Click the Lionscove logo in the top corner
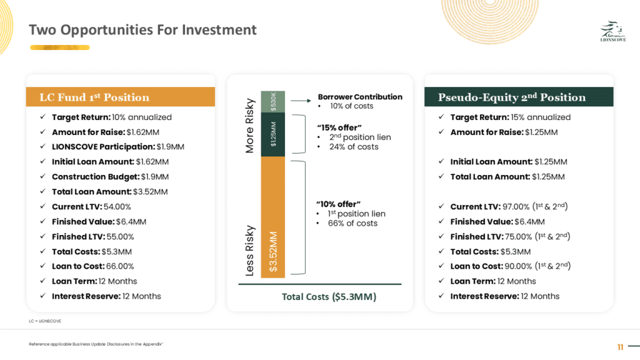point(613,31)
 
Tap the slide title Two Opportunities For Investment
point(142,30)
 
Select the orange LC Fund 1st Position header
point(121,97)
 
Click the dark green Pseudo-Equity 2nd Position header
point(519,97)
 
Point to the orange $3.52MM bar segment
point(273,217)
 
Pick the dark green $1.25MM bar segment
point(273,134)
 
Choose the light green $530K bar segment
point(273,102)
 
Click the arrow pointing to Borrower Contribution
point(301,101)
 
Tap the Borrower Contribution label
point(360,97)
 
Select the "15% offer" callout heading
point(339,127)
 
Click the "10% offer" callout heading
point(338,204)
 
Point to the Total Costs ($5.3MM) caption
point(329,297)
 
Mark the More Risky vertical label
point(249,126)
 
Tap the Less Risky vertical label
point(249,251)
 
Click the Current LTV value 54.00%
point(117,206)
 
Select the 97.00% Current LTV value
point(516,206)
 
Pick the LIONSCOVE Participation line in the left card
point(118,146)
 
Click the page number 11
point(621,347)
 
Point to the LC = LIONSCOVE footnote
point(45,321)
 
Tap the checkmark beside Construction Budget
point(42,176)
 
